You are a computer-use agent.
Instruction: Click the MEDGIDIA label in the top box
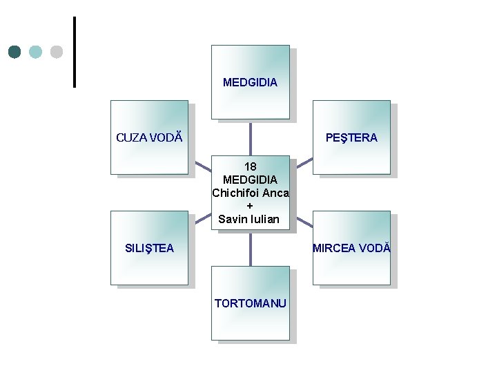(250, 82)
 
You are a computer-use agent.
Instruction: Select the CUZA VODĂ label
(149, 137)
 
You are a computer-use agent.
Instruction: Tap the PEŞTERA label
(351, 137)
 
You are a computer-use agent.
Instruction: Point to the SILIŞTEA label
(149, 248)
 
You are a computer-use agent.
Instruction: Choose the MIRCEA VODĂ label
(351, 248)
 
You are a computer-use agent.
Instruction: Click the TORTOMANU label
(250, 303)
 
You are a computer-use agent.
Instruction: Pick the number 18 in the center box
(250, 166)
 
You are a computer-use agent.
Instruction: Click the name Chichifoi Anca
(250, 193)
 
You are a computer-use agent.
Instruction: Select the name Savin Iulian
(250, 220)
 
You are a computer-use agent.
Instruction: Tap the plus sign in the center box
(250, 206)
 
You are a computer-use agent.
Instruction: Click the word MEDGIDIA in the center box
(250, 180)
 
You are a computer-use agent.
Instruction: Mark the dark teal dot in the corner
(15, 52)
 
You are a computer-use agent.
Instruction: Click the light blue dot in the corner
(36, 52)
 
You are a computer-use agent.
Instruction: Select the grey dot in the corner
(57, 52)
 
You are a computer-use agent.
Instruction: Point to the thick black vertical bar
(74, 52)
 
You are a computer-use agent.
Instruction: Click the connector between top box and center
(250, 138)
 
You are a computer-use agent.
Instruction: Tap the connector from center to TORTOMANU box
(250, 249)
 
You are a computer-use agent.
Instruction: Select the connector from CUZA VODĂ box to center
(202, 166)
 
